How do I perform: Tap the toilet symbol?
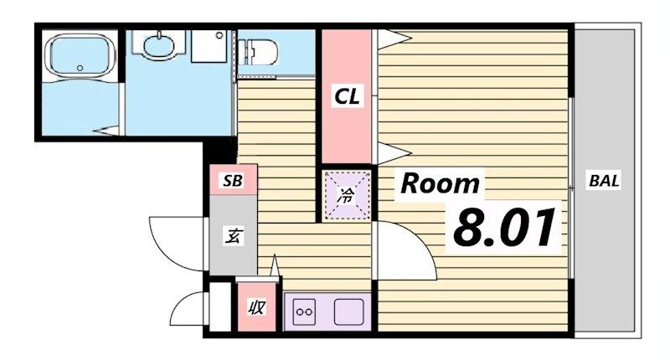coord(257,52)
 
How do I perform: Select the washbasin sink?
coord(158,44)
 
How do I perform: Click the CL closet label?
coord(348,96)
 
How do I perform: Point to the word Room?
coord(440,183)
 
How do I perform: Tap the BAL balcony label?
coord(604,181)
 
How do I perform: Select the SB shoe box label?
coord(233,181)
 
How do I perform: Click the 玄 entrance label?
coord(234,236)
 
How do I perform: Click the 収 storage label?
coord(256,307)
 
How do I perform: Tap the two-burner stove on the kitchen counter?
coord(304,311)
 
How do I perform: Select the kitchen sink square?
coord(349,311)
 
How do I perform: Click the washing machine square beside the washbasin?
coord(209,46)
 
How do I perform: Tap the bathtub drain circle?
coord(80,68)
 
